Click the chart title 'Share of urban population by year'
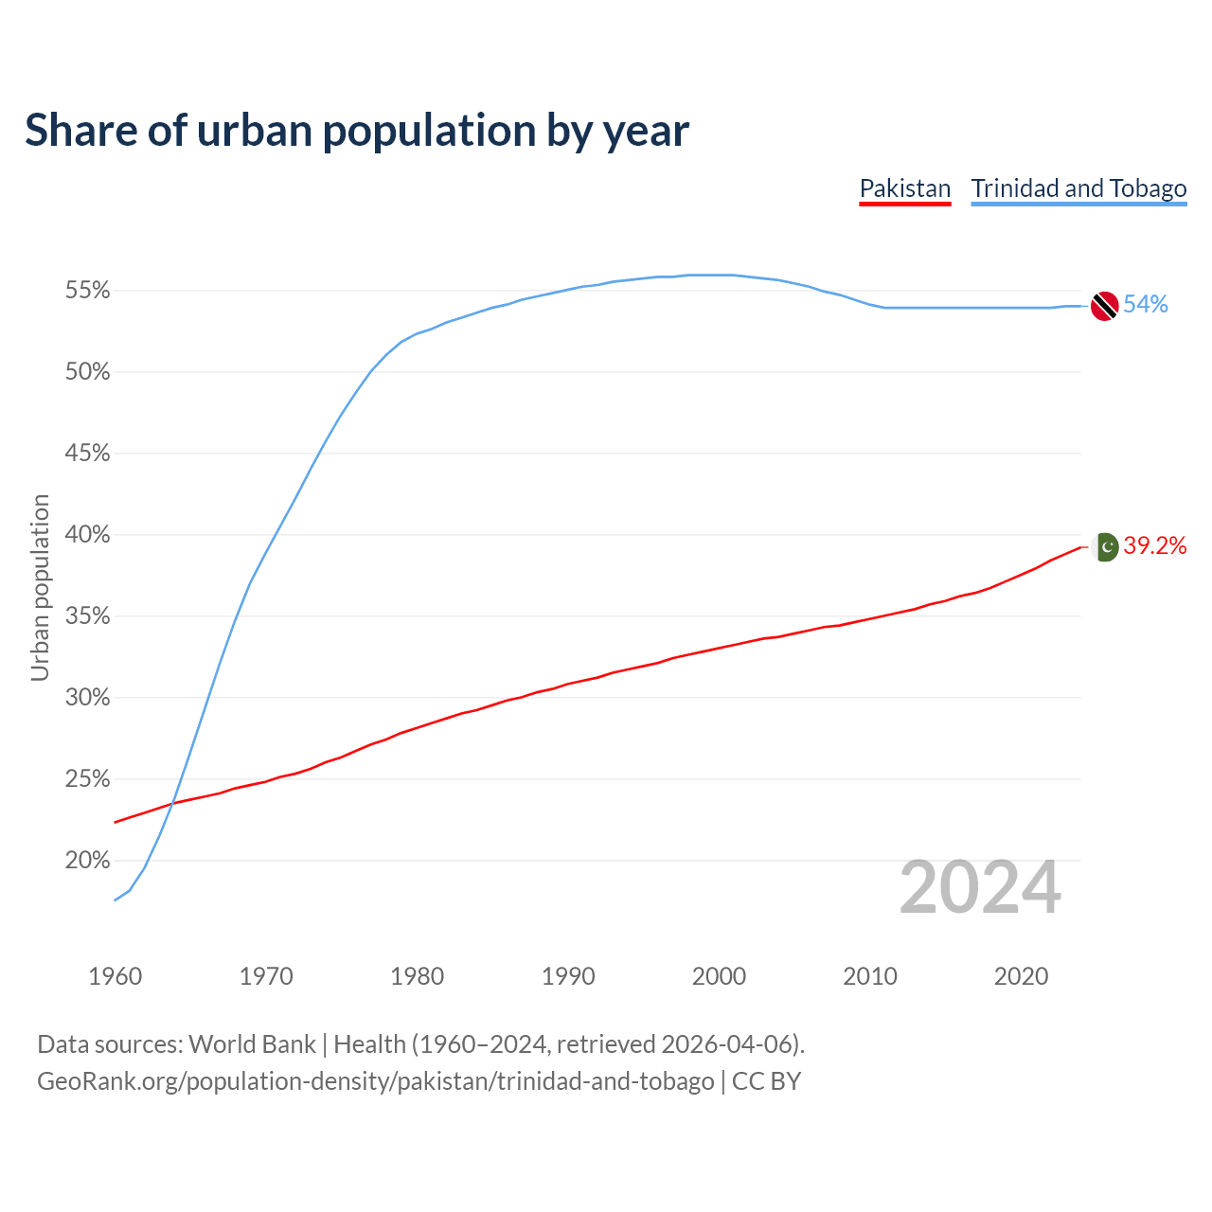click(x=357, y=131)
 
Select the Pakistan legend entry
click(x=904, y=188)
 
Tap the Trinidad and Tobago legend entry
click(x=1078, y=188)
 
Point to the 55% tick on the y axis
click(x=87, y=291)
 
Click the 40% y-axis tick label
click(x=87, y=535)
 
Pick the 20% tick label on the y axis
click(x=87, y=861)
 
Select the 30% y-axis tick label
click(x=87, y=698)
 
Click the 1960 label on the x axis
click(x=116, y=976)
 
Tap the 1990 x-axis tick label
click(x=568, y=976)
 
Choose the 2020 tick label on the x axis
click(x=1021, y=976)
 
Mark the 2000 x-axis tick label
click(x=719, y=976)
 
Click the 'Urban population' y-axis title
click(x=40, y=587)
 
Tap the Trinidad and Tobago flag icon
click(x=1104, y=306)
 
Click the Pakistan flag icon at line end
click(x=1105, y=546)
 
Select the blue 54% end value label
click(x=1146, y=305)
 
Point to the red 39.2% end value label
click(x=1155, y=546)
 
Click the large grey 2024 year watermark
click(x=980, y=888)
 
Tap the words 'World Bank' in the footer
click(x=252, y=1044)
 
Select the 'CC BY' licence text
click(x=767, y=1081)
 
